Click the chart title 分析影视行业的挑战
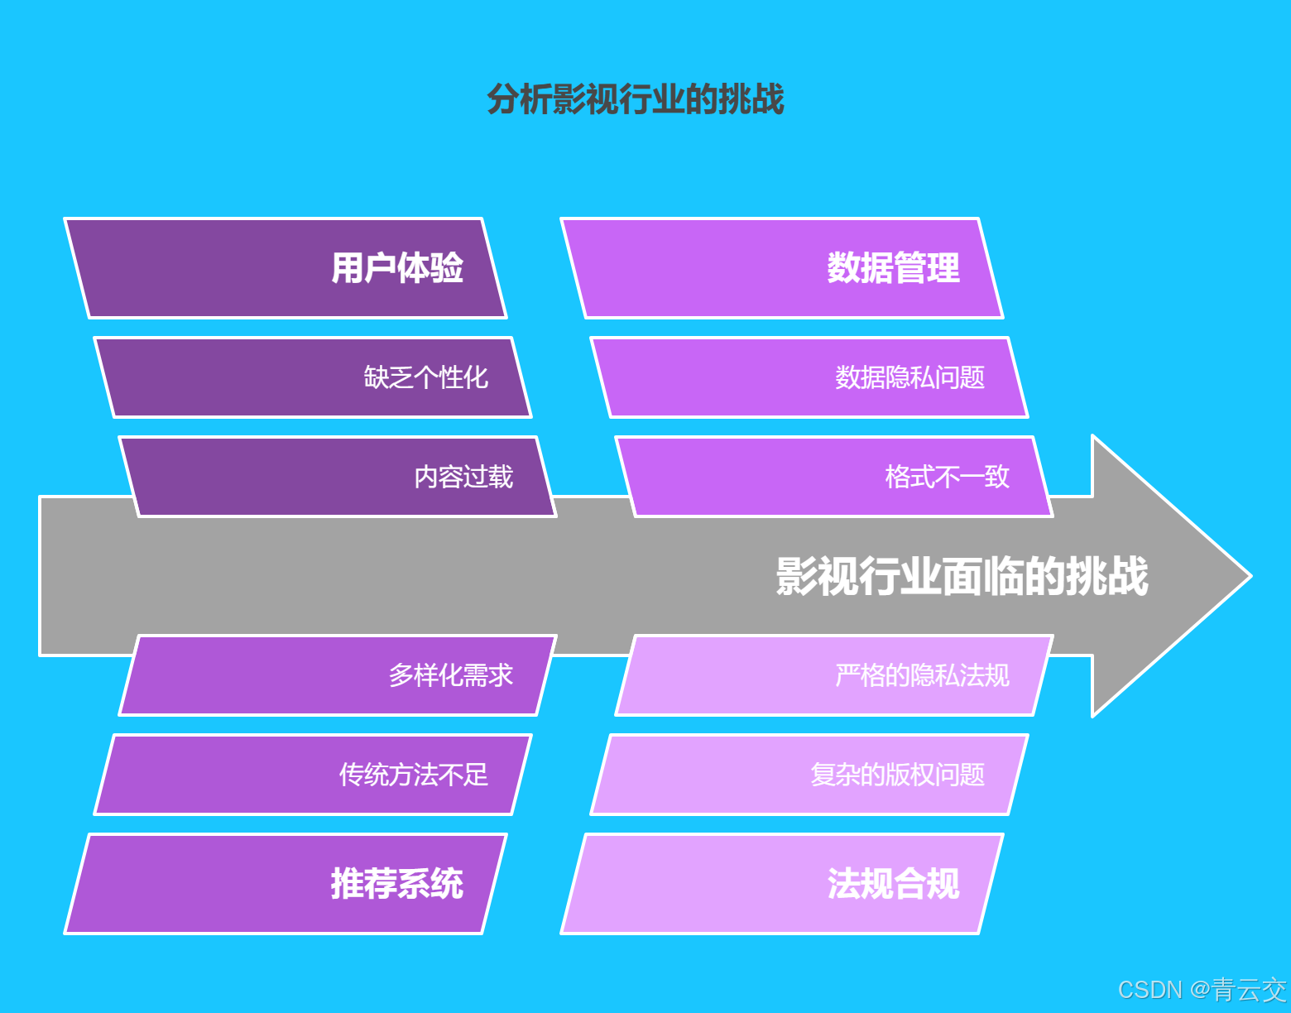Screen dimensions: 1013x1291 635,99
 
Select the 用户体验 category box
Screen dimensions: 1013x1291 286,268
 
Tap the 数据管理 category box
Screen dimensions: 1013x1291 782,268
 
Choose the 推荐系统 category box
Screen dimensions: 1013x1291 286,884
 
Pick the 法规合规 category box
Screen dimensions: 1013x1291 782,884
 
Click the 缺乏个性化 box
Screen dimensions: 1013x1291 313,377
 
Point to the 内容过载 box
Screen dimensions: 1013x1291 338,477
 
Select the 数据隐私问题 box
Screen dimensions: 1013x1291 809,377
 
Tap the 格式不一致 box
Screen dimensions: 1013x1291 834,477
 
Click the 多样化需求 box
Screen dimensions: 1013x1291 338,675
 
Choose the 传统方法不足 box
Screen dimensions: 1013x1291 313,775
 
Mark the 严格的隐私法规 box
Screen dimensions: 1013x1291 834,675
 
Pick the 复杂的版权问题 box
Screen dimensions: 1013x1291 809,775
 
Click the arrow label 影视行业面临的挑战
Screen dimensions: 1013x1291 962,576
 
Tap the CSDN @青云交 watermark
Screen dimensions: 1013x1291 1202,990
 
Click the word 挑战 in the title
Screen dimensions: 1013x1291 751,99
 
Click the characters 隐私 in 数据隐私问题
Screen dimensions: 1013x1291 910,377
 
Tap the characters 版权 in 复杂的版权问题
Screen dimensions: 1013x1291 910,775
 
